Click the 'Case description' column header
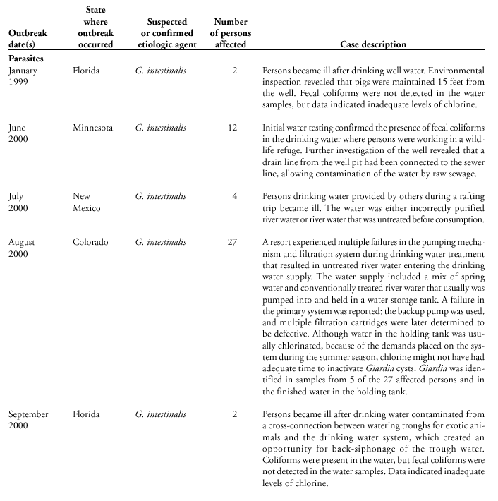373,44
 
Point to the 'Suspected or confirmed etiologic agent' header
166,33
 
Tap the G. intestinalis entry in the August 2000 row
161,242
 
